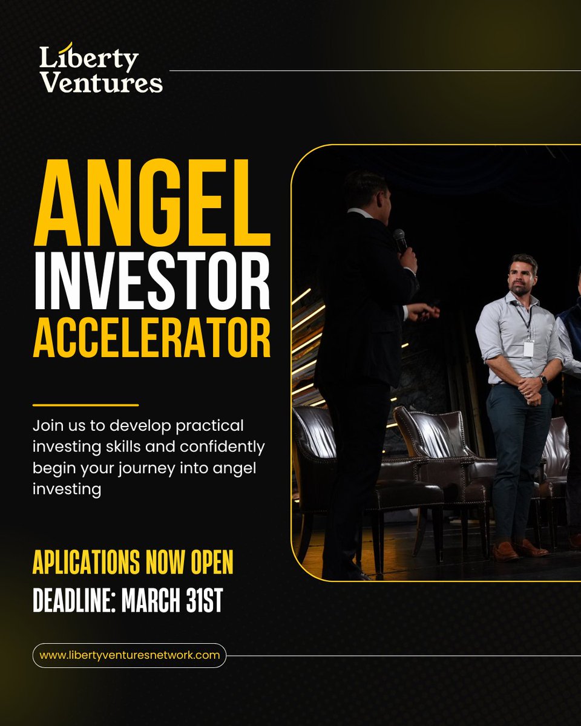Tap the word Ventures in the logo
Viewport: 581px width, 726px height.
click(101, 83)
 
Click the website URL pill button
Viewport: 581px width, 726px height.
click(130, 655)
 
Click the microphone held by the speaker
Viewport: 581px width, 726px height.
click(400, 240)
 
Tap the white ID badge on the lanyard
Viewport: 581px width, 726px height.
click(528, 348)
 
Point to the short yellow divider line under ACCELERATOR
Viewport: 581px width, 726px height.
click(85, 405)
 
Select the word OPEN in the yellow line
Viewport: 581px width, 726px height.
click(211, 563)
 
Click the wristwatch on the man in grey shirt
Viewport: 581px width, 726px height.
click(543, 380)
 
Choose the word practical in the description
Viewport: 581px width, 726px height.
click(208, 426)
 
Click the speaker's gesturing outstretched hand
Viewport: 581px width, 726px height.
click(425, 312)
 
